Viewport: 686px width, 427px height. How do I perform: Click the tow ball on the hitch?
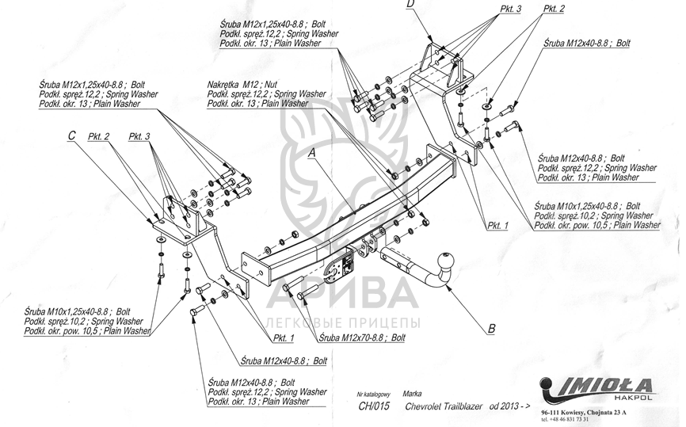tap(448, 259)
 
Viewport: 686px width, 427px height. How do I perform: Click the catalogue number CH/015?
tap(374, 406)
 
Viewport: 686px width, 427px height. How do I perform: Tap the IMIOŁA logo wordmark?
tap(601, 386)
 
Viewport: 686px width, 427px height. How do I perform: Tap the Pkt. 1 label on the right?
tap(498, 225)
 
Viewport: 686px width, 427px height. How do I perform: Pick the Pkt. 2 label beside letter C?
tap(99, 136)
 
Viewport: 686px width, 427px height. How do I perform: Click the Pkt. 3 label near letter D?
tap(510, 9)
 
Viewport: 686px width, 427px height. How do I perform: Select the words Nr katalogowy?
tap(374, 394)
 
